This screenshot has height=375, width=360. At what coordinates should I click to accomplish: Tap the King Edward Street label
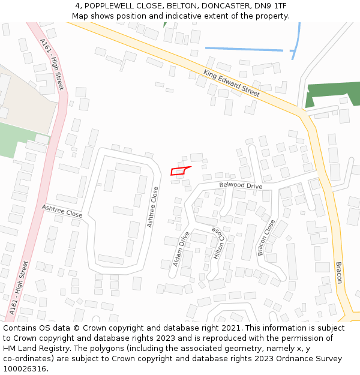tap(232, 83)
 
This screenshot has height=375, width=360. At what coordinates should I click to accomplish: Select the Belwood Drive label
tap(241, 186)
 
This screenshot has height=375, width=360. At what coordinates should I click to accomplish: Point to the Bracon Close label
tap(266, 238)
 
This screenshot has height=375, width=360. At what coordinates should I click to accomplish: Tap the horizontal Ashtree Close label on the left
tap(62, 210)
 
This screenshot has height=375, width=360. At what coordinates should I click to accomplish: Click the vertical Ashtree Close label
tap(153, 207)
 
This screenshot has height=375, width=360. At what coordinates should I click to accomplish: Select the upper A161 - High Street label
tap(52, 64)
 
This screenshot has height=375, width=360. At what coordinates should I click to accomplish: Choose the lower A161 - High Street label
tap(19, 287)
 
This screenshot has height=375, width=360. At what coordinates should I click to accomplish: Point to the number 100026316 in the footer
tap(25, 369)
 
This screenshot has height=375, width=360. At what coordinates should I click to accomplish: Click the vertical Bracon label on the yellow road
tap(338, 272)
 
